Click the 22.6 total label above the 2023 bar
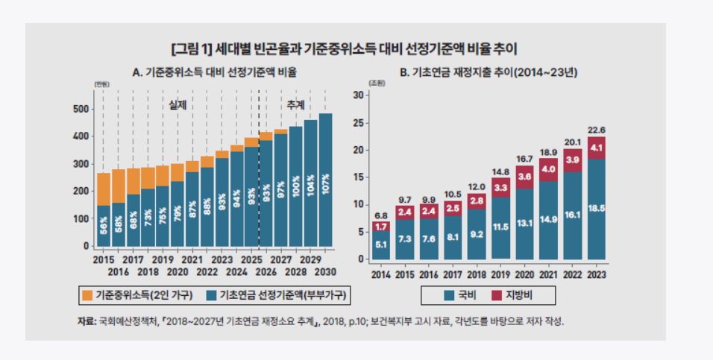coord(596,129)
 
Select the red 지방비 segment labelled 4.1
coord(596,148)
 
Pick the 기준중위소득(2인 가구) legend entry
coord(136,296)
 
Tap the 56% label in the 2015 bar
coord(104,224)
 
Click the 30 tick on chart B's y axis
coord(357,95)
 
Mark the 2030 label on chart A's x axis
coord(326,271)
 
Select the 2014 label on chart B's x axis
coord(380,274)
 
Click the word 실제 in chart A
coord(177,105)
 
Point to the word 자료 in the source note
coord(86,321)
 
